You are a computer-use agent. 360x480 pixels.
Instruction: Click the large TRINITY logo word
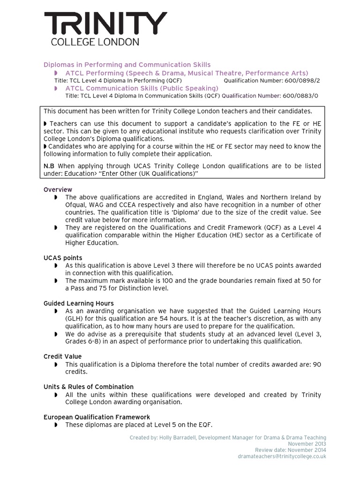[x=105, y=24]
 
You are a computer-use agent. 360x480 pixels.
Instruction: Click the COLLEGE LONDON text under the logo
[x=95, y=42]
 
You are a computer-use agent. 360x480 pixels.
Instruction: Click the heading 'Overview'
[x=58, y=189]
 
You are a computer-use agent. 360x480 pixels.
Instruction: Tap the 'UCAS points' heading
[x=63, y=258]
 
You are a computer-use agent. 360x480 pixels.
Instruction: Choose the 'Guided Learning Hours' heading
[x=79, y=303]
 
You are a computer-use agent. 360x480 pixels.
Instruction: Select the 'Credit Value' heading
[x=62, y=356]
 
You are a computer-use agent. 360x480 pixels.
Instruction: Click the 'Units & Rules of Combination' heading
[x=89, y=387]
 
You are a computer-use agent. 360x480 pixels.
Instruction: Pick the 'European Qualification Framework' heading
[x=97, y=417]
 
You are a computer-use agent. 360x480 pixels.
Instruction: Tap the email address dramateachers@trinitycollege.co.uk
[x=282, y=456]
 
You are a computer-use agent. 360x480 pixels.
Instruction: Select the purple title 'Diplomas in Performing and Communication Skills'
[x=127, y=65]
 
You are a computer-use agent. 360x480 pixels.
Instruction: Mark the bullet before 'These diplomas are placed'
[x=56, y=425]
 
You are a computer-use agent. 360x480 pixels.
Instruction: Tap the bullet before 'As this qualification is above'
[x=56, y=266]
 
